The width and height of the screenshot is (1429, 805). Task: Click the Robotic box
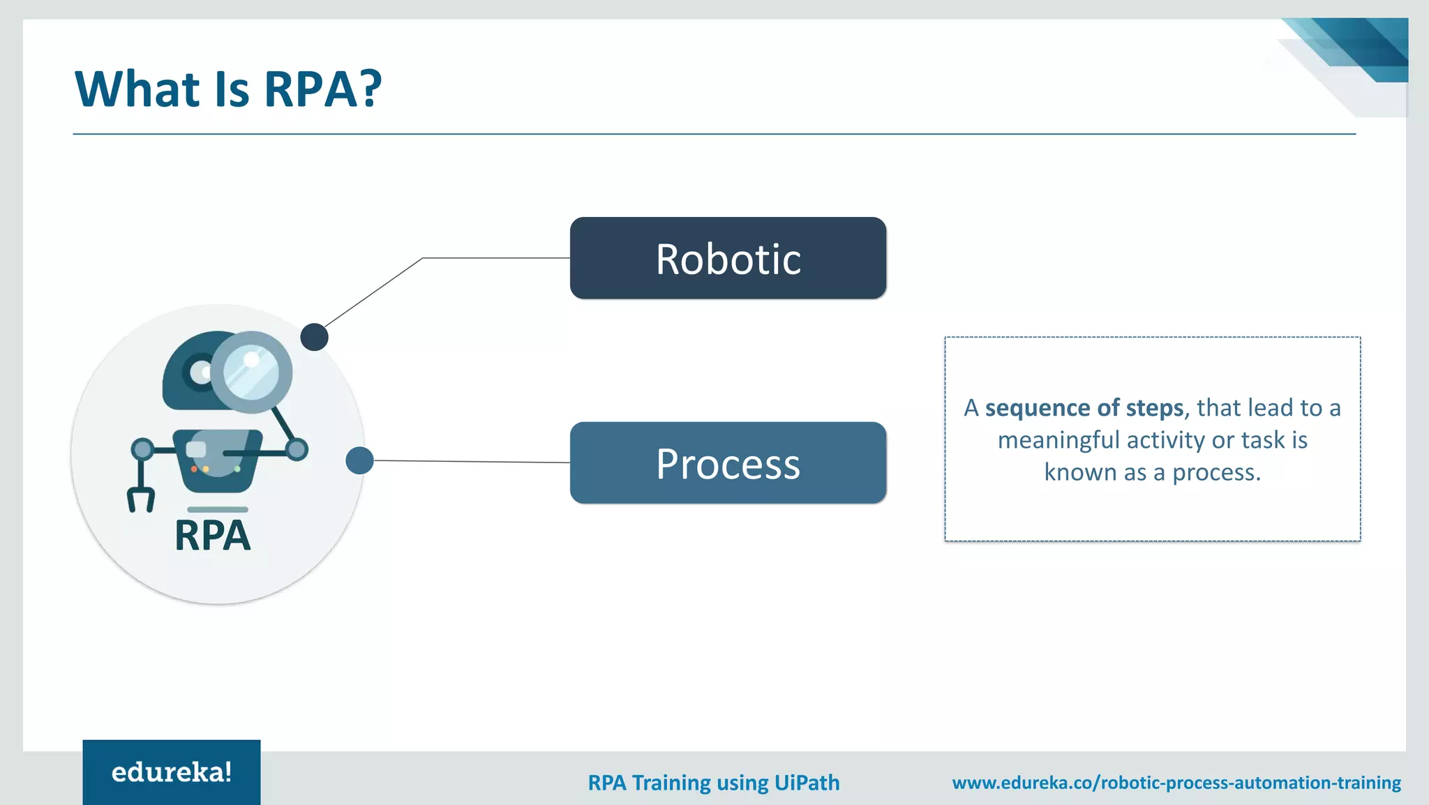point(728,258)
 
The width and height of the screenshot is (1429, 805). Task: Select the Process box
point(728,462)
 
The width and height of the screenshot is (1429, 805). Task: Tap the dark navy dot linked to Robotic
point(314,337)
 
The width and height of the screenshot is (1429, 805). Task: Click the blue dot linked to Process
point(359,460)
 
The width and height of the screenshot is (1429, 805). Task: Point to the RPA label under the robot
point(212,536)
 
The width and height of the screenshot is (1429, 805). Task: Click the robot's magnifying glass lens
point(251,372)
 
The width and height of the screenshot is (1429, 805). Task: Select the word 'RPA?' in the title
point(322,89)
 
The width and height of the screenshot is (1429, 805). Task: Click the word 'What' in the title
point(137,89)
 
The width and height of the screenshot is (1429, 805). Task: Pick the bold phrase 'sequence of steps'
point(1084,407)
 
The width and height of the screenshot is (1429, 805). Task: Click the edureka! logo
point(172,772)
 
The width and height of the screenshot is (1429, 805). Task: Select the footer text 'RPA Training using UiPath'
point(713,783)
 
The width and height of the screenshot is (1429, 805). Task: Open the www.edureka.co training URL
point(1176,783)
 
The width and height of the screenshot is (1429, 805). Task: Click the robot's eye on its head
point(200,372)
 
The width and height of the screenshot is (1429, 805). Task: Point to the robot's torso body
point(217,460)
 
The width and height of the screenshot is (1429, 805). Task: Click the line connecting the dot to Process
point(472,461)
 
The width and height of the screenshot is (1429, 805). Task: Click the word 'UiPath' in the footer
point(807,783)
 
